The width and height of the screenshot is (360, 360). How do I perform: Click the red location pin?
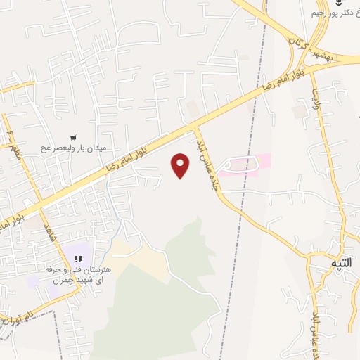coord(181,165)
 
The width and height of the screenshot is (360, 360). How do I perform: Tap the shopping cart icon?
coord(74,138)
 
